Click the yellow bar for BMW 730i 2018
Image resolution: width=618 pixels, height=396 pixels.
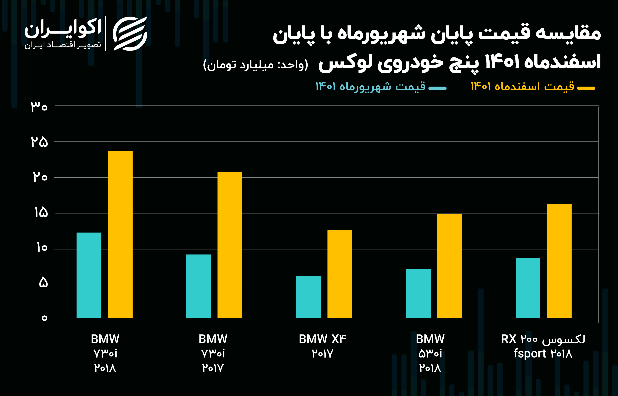(120, 234)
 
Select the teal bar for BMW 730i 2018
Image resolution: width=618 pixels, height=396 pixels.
(89, 275)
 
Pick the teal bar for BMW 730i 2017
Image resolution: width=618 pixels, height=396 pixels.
(199, 286)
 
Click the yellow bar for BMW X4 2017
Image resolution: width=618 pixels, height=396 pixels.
(340, 274)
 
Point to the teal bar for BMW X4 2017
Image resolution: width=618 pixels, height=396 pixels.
(308, 297)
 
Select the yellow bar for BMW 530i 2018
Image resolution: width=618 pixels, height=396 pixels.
(449, 266)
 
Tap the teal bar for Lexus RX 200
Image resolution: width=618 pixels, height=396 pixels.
(528, 288)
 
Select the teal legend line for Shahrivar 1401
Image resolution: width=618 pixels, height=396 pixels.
(437, 88)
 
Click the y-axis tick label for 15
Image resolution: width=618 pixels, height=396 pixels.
(41, 213)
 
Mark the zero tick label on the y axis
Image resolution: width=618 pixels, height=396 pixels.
(44, 318)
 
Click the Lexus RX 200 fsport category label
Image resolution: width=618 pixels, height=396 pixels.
(543, 346)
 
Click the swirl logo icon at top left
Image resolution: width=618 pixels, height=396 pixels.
(130, 33)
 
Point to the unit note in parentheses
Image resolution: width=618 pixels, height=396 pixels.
(256, 65)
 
